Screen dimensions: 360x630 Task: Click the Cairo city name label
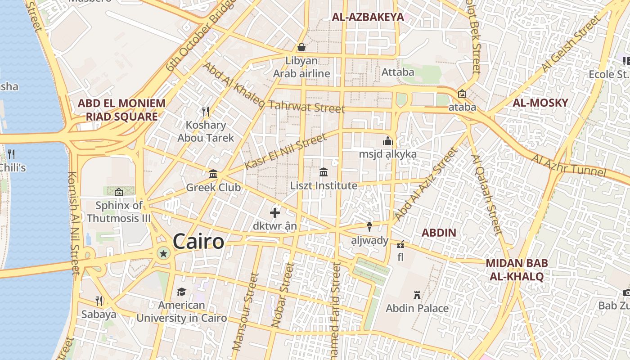(198, 242)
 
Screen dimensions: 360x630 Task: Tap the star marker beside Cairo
(163, 254)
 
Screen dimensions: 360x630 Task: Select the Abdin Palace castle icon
(417, 295)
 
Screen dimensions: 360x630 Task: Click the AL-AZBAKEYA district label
(368, 18)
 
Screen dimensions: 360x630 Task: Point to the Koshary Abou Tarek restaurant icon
(206, 111)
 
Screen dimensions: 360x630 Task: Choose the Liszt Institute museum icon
(323, 172)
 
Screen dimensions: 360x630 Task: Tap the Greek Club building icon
(213, 174)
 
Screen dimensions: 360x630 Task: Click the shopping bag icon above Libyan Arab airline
(301, 47)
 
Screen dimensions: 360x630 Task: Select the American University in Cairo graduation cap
(181, 292)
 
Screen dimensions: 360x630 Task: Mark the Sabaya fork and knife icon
(99, 301)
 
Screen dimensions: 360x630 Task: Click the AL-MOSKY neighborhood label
(540, 103)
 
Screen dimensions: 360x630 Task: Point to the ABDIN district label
(439, 233)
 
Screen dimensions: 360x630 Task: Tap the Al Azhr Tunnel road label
(569, 166)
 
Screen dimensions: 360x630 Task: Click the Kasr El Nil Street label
(285, 152)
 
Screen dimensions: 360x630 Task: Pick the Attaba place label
(398, 72)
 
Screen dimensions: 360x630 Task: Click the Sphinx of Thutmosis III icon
(119, 192)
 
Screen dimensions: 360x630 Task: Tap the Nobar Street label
(282, 295)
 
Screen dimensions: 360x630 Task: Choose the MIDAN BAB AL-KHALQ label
(517, 270)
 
